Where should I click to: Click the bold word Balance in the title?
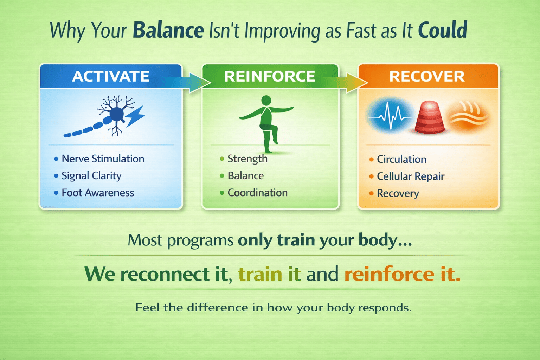click(168, 30)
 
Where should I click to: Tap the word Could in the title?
click(443, 30)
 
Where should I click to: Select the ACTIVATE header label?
click(111, 76)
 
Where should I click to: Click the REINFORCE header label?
click(270, 76)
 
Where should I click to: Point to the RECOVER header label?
click(427, 76)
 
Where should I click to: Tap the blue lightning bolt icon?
click(135, 116)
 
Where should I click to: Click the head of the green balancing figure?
click(266, 100)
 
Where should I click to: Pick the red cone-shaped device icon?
click(430, 117)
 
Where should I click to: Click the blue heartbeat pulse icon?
click(390, 115)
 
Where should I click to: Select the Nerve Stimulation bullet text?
click(103, 159)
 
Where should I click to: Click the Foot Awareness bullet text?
click(98, 193)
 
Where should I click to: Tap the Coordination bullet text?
click(257, 193)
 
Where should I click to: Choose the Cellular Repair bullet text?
click(411, 176)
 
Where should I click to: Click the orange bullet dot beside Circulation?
click(371, 159)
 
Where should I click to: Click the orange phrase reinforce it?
click(402, 274)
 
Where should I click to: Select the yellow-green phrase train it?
click(269, 274)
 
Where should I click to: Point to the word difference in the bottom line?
click(218, 308)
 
